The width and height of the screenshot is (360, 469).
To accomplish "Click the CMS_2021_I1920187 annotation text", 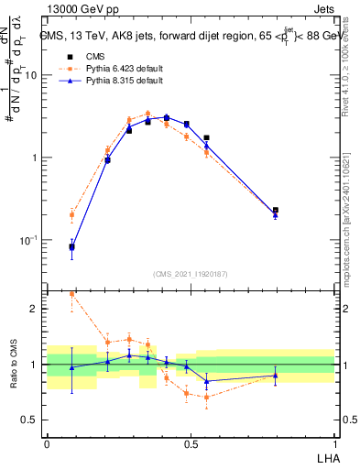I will click(x=191, y=274).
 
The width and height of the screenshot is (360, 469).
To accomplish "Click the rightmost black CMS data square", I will click(x=276, y=211).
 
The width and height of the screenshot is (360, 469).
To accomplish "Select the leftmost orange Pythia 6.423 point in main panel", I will click(x=71, y=215).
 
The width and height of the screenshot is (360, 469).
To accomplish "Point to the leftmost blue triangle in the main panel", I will click(x=71, y=246).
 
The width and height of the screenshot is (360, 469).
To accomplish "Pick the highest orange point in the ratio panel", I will click(x=71, y=294).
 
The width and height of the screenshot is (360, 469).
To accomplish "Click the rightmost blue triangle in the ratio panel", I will click(x=276, y=376).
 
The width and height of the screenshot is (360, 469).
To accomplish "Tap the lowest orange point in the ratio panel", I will click(x=207, y=397).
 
